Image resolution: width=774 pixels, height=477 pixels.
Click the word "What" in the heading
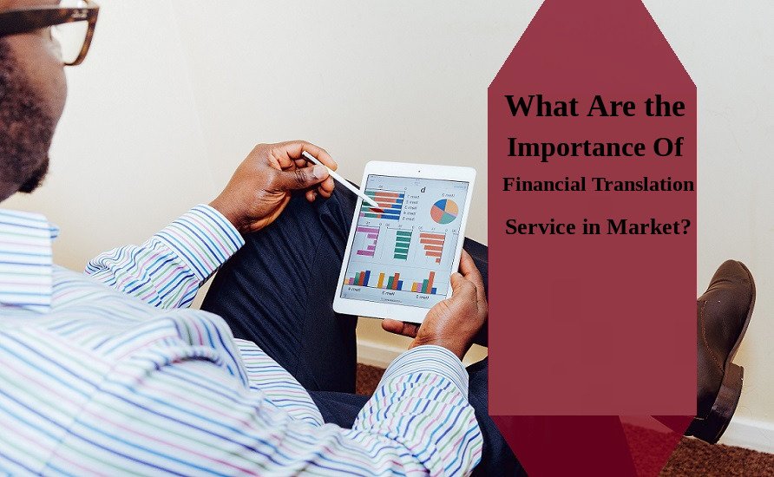[535, 107]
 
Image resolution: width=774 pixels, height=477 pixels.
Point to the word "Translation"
[647, 185]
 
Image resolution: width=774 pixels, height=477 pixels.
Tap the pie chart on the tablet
[444, 211]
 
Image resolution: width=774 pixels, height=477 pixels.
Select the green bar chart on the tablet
[402, 244]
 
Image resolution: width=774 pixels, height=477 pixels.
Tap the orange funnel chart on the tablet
[432, 245]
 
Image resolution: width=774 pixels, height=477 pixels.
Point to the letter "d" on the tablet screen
[423, 190]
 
